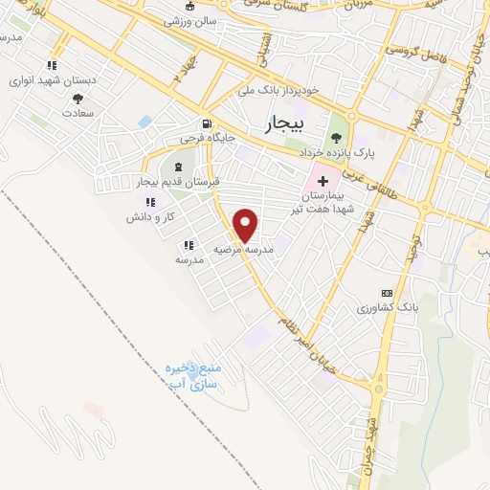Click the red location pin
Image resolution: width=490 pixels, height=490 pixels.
pyautogui.click(x=247, y=225)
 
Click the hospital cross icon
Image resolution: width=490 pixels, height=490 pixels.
pyautogui.click(x=323, y=180)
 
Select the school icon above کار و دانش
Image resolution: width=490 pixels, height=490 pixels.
pyautogui.click(x=149, y=201)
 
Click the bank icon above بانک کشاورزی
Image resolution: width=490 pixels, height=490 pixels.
pyautogui.click(x=387, y=292)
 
